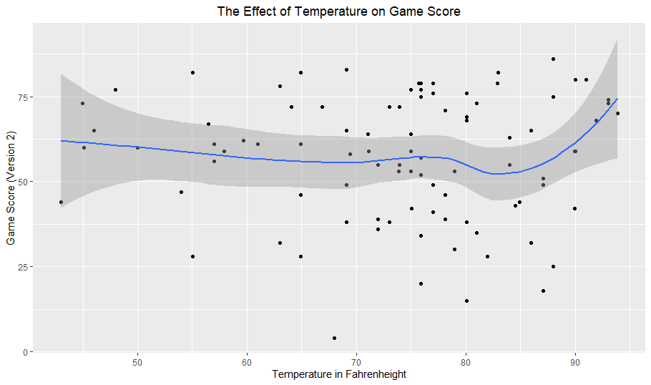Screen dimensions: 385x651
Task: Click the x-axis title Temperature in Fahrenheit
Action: pyautogui.click(x=339, y=374)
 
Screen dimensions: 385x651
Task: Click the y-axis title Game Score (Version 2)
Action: pyautogui.click(x=11, y=187)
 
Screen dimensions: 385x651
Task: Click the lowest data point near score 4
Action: pyautogui.click(x=335, y=338)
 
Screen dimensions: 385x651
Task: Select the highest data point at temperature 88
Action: pyautogui.click(x=554, y=59)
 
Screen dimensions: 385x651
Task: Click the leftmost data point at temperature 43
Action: pyautogui.click(x=61, y=202)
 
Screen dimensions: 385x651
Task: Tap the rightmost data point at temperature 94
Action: pyautogui.click(x=618, y=113)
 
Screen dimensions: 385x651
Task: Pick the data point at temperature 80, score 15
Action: pyautogui.click(x=466, y=301)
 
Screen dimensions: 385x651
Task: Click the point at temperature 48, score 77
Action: pyautogui.click(x=115, y=89)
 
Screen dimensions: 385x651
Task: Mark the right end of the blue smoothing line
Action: pyautogui.click(x=617, y=99)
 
